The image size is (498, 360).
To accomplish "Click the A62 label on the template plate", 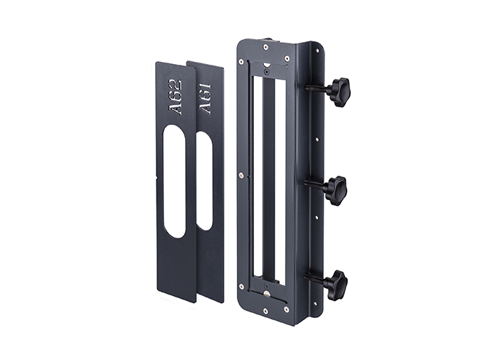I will pos(176,98).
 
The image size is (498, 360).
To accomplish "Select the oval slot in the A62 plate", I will pos(174,181).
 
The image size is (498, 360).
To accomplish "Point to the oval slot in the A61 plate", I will pos(205,181).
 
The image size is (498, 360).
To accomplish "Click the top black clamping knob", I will pos(339,92).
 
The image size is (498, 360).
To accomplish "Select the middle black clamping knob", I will pos(335,190).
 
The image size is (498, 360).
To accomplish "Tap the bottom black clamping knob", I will pos(335,285).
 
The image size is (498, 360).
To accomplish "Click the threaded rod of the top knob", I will pos(317,88).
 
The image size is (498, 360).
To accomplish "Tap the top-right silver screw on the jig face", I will pos(287,58).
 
